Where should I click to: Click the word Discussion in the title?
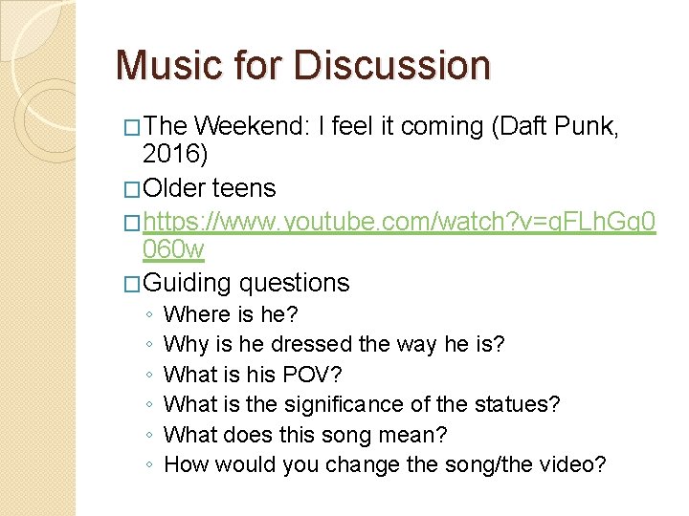tap(393, 65)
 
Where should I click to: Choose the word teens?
tap(244, 189)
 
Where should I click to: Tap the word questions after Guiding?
tap(295, 283)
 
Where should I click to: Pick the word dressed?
tap(305, 344)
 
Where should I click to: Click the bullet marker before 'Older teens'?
tap(133, 189)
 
